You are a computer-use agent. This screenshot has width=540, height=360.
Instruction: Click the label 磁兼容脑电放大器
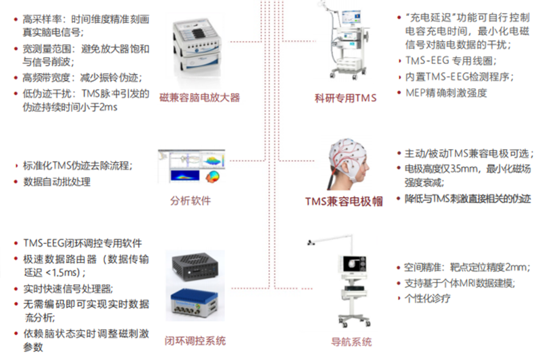click(200, 97)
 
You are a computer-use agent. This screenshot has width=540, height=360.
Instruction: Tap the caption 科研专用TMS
click(346, 98)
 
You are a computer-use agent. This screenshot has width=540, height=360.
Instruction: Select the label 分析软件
click(190, 201)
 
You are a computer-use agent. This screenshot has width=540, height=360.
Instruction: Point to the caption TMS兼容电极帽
click(344, 202)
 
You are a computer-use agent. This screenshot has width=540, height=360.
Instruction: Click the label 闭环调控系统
click(195, 341)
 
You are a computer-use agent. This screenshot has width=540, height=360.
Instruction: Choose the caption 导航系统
click(351, 342)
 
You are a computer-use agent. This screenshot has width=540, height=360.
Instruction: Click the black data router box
click(195, 266)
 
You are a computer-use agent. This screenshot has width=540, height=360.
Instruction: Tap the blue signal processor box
click(194, 304)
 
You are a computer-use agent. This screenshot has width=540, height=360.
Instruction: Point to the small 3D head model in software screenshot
click(213, 177)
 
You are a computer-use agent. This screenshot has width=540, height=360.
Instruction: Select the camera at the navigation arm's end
click(311, 242)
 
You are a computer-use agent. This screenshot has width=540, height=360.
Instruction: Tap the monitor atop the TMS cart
click(351, 18)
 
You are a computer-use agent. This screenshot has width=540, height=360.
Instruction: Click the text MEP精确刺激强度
click(446, 93)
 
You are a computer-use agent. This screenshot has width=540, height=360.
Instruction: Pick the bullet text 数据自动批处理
click(57, 182)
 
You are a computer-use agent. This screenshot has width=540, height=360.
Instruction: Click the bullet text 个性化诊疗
click(427, 299)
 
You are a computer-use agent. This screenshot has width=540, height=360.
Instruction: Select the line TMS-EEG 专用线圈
click(451, 60)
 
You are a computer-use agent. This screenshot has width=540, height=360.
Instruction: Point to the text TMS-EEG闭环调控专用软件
click(82, 243)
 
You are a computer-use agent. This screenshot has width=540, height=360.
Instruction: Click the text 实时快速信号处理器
click(68, 289)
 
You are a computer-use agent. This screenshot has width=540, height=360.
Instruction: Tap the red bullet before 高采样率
click(16, 19)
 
